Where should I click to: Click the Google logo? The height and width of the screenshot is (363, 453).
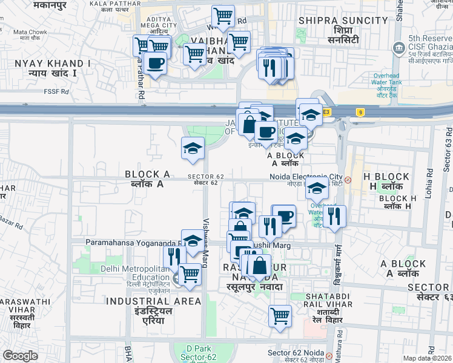click(21, 356)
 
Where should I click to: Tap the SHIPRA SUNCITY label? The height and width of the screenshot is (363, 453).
click(343, 21)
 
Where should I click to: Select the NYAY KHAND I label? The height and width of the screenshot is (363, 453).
click(53, 63)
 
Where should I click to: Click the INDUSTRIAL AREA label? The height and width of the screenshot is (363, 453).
click(153, 301)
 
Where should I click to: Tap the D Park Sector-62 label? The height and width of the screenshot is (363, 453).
click(197, 353)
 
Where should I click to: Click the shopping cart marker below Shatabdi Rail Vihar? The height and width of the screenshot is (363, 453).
click(280, 315)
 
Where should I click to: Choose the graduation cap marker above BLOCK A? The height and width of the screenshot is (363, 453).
click(193, 148)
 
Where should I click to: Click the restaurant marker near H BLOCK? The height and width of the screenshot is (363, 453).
click(334, 216)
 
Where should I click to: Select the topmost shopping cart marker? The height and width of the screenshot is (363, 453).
click(223, 16)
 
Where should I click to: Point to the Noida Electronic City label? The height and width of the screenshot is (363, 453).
click(306, 177)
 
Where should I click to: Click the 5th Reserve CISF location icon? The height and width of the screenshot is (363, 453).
click(398, 48)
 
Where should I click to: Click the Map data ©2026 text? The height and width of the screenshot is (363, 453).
click(428, 358)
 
